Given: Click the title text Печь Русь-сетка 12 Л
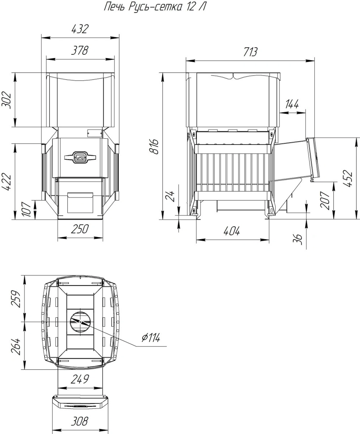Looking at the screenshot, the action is pos(155,7).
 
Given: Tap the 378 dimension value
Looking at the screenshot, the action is pos(80,50).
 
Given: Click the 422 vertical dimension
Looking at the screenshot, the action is pos(6,182).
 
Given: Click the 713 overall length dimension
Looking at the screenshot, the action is pos(250,52).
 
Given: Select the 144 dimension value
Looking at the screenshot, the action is pos(292,104).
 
